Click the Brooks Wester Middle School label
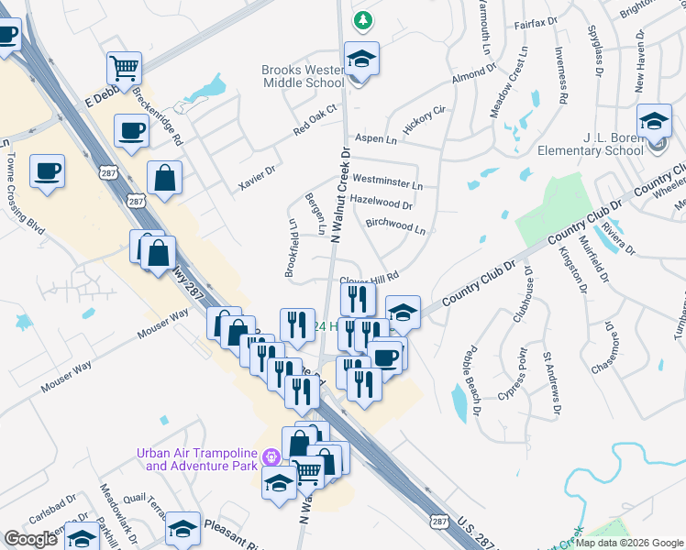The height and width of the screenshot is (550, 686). pos(302,76)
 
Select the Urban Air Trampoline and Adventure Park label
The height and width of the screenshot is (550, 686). pos(197,459)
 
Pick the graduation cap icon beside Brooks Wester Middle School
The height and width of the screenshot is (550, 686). pos(361,60)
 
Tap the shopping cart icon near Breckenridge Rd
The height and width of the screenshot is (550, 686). pos(124,67)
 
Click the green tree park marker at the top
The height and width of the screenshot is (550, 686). pos(364,19)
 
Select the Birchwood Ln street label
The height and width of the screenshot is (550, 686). pos(395,225)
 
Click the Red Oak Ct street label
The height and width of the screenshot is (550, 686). pos(315,119)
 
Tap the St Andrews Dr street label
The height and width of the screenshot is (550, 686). pos(550,382)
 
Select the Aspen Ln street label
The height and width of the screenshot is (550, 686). pos(376,140)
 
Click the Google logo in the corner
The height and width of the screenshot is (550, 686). pos(30,539)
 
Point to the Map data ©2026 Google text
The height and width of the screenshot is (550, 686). pos(628,543)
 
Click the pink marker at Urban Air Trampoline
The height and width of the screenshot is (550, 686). pos(270,456)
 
